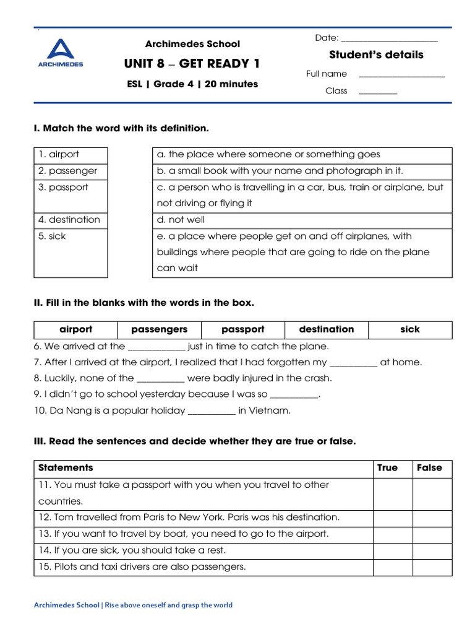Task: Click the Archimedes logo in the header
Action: (60, 53)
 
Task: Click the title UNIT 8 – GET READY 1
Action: (192, 64)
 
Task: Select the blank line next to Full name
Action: (401, 75)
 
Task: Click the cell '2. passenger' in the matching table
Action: (71, 171)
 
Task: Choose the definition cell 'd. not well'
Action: (302, 220)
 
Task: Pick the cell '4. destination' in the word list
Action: (71, 220)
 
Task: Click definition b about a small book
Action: (302, 171)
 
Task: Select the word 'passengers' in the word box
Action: (159, 329)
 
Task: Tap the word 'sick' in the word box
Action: (409, 329)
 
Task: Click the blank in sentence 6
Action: (156, 347)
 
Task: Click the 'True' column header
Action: (387, 468)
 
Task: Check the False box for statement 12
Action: (432, 517)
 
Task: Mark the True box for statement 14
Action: (392, 550)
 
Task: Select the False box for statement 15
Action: (432, 567)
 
